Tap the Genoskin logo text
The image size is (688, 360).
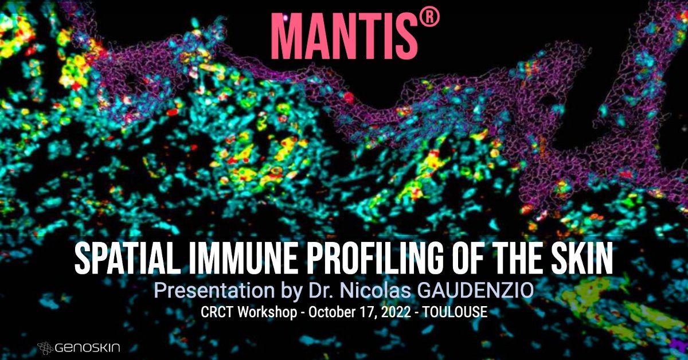[x=88, y=346]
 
